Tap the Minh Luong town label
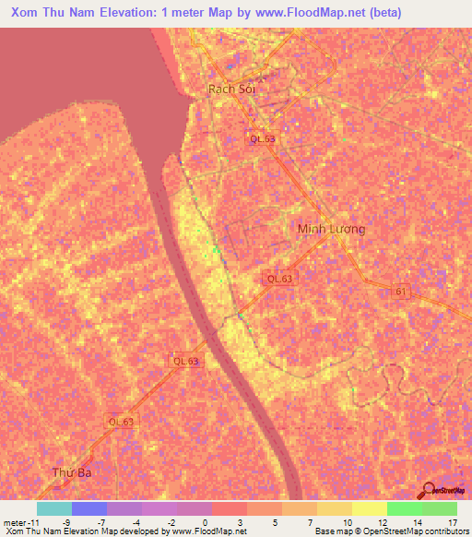[331, 229]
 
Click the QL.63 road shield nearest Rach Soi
[262, 138]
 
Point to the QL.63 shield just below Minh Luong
[279, 278]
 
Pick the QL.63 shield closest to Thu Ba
[121, 422]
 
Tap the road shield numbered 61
[400, 292]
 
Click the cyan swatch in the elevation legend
[54, 508]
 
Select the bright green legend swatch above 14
[405, 508]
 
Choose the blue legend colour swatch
[89, 508]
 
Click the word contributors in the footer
[442, 531]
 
